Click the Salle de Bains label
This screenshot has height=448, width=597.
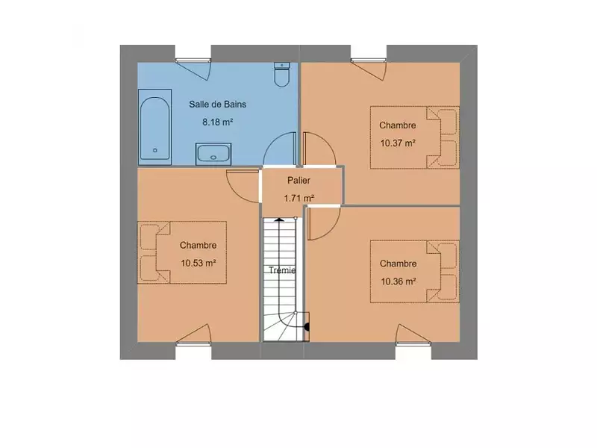pos(217,104)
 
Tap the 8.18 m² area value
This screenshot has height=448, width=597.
pos(217,122)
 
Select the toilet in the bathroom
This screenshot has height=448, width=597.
pos(282,74)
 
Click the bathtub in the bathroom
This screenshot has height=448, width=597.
pos(154,127)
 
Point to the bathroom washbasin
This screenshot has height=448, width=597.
pos(213,154)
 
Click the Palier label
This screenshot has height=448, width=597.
pos(299,180)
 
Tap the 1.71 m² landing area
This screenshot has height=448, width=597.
pos(299,198)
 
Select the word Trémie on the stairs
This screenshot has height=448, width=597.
pos(282,270)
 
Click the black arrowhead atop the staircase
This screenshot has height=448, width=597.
pos(279,219)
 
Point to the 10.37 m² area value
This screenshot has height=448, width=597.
pos(398,143)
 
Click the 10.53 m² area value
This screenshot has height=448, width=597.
pos(199,263)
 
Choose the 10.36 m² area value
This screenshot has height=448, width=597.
pos(398,281)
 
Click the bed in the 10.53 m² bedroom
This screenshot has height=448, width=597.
pos(182,252)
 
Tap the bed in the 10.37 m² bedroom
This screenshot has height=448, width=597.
pos(415,137)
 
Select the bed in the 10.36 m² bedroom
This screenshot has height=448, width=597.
pos(415,272)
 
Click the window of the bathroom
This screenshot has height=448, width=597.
pos(193,60)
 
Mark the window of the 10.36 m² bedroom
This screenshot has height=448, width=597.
pos(413,344)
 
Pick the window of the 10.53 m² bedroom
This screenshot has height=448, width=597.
pos(193,344)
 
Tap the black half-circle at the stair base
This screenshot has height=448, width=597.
pos(307,327)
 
